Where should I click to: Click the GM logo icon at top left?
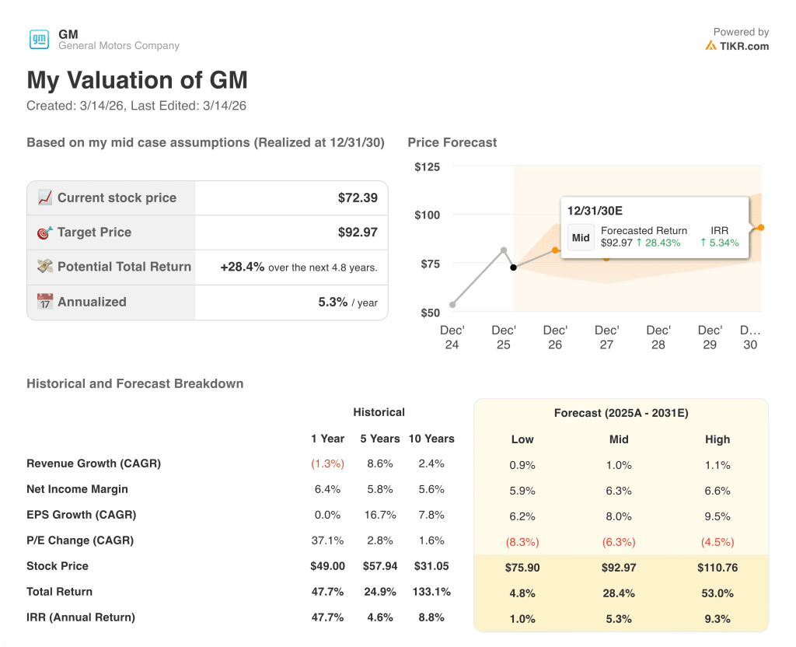click(39, 40)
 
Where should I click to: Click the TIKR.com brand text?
click(744, 46)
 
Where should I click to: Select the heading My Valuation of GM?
click(138, 80)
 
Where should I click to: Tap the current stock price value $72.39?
click(358, 198)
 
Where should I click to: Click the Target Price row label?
click(94, 232)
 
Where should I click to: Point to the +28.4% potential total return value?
click(242, 267)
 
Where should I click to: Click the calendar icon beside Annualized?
click(45, 302)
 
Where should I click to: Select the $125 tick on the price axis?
click(427, 166)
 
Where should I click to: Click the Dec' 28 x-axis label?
click(658, 337)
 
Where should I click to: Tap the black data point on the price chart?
click(513, 268)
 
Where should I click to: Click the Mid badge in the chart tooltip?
click(581, 238)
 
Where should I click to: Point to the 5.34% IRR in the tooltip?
click(720, 243)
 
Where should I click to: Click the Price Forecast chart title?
click(452, 142)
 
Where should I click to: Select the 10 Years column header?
click(431, 439)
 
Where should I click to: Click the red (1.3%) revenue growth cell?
click(327, 463)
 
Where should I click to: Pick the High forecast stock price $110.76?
click(717, 568)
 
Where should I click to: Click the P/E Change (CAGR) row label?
click(80, 540)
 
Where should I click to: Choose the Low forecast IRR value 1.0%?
click(522, 619)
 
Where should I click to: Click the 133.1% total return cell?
click(431, 592)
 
